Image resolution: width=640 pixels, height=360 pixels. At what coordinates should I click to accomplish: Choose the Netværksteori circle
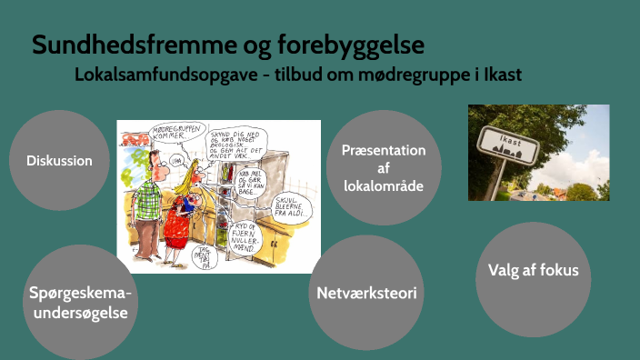(366, 293)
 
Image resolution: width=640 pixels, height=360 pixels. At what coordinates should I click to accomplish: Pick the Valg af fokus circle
(533, 270)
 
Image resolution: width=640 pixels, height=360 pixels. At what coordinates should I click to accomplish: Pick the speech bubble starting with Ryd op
(251, 234)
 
